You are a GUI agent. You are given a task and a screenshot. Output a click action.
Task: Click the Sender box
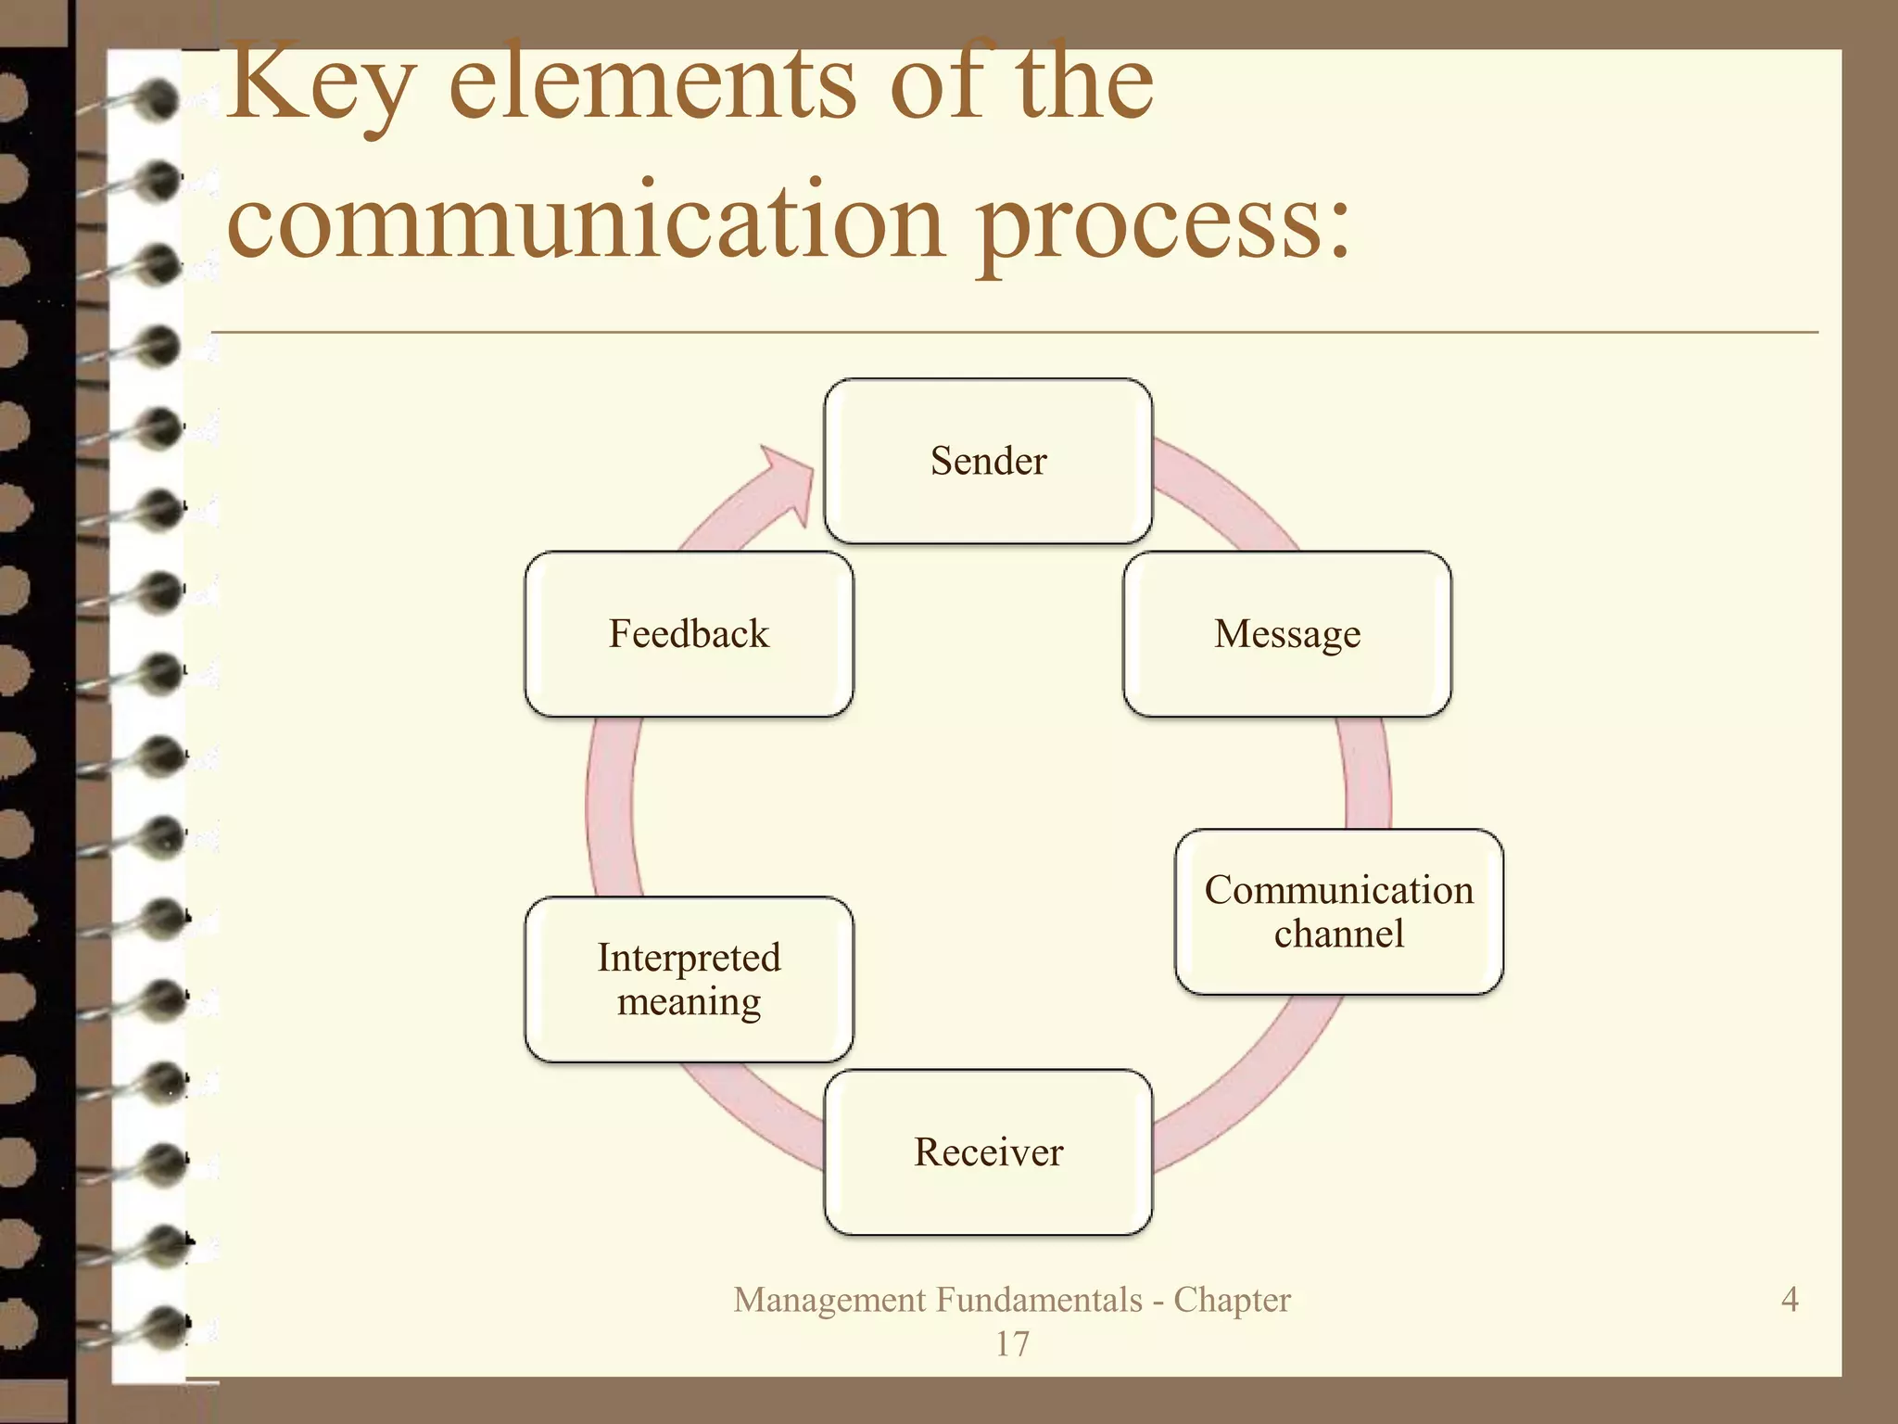pos(988,461)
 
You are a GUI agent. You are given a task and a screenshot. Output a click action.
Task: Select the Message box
pos(1287,634)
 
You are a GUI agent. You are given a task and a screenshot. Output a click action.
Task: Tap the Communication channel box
pos(1339,911)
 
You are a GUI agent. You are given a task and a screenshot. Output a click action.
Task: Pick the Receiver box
pos(988,1152)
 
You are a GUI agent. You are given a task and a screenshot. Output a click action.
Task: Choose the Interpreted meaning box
pos(689,979)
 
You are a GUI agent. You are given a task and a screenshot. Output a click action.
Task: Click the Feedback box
pos(689,634)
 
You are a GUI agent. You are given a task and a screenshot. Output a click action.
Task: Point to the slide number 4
pos(1790,1299)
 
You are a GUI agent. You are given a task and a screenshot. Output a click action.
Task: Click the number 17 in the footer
pos(1012,1343)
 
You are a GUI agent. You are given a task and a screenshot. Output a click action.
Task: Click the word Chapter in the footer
pos(1232,1300)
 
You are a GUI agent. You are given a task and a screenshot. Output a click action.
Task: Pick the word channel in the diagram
pos(1339,934)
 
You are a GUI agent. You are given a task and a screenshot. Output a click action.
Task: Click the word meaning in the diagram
pos(689,1002)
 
